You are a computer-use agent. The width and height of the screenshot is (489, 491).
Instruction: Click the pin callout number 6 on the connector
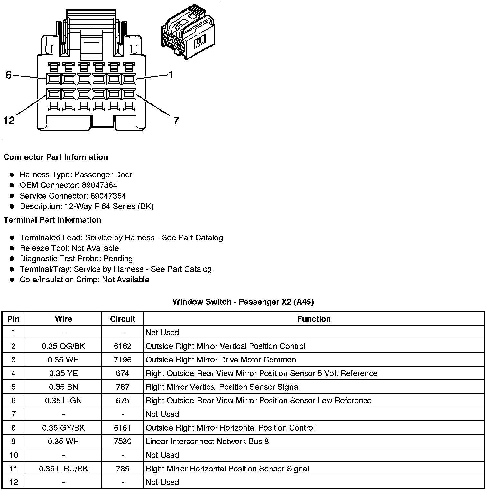click(x=9, y=75)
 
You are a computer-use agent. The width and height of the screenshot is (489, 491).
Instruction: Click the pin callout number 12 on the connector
click(x=9, y=121)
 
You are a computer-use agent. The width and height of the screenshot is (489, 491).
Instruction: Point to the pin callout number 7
click(x=176, y=121)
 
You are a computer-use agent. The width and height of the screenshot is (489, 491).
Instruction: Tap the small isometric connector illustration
click(x=188, y=32)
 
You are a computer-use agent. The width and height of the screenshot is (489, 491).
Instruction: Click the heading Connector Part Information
click(x=56, y=157)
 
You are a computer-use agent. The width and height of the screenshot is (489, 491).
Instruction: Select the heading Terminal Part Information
click(x=52, y=220)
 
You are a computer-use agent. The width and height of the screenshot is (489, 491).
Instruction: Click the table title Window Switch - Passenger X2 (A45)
click(x=243, y=302)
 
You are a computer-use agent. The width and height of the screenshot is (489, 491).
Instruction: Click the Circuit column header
click(x=123, y=319)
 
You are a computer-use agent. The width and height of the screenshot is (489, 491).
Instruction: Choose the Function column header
click(x=314, y=319)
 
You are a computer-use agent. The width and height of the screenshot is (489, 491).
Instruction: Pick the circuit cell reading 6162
click(x=123, y=346)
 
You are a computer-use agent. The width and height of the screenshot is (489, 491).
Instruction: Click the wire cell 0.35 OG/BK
click(x=63, y=346)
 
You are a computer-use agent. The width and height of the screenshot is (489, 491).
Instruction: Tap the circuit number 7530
click(x=123, y=441)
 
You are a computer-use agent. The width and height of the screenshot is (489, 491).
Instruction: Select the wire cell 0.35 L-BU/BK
click(x=63, y=469)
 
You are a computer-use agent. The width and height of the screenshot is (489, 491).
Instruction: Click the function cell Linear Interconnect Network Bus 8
click(x=207, y=441)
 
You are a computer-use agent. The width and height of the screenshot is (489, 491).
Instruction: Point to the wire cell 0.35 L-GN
click(x=63, y=400)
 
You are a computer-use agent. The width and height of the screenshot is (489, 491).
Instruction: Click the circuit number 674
click(x=123, y=373)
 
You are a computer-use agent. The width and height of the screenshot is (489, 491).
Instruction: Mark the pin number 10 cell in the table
click(x=14, y=455)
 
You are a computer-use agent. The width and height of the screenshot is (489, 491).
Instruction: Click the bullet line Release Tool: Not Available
click(x=69, y=248)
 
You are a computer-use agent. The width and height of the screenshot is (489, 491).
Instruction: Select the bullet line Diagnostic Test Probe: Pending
click(x=76, y=259)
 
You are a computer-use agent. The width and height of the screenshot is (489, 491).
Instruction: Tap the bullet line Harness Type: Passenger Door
click(x=76, y=174)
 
